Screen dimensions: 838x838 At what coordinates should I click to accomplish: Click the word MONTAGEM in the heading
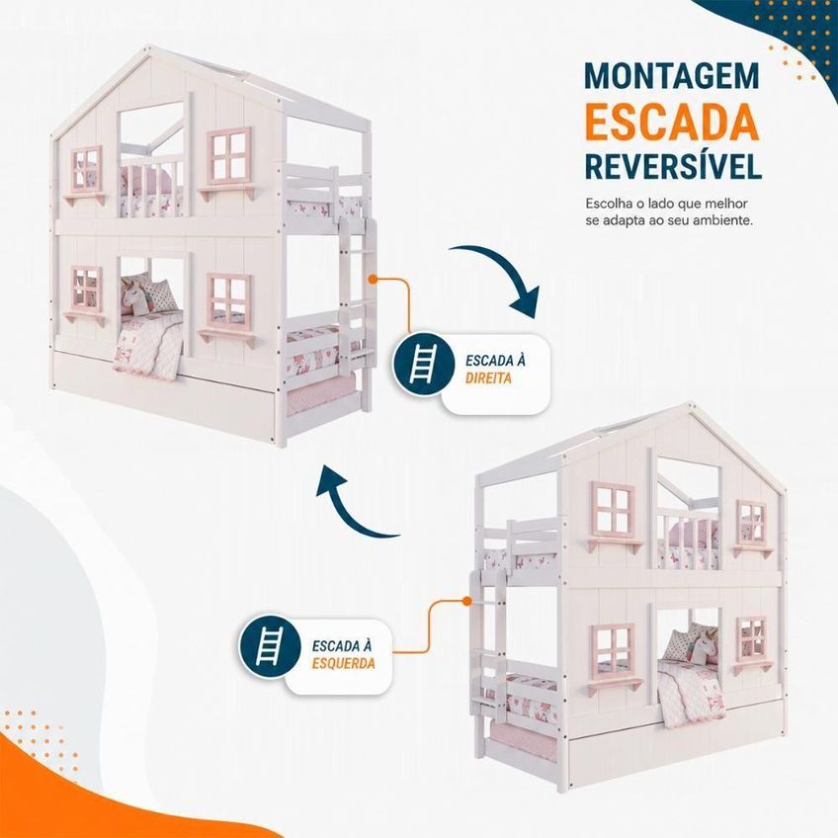click(x=672, y=76)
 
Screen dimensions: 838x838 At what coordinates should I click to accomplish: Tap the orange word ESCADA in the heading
click(x=672, y=122)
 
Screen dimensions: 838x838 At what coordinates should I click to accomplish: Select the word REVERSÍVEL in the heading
click(x=673, y=166)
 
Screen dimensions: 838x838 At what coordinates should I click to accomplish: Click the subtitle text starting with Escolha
click(x=669, y=211)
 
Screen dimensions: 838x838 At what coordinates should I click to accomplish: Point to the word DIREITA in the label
click(x=488, y=378)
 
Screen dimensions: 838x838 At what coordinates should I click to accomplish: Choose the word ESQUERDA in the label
click(x=344, y=664)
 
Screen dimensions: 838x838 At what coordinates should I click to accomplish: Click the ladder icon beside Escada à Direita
click(x=423, y=364)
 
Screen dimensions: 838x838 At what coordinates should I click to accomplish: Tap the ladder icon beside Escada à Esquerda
click(x=270, y=646)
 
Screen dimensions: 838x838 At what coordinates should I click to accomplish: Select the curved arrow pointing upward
click(x=353, y=508)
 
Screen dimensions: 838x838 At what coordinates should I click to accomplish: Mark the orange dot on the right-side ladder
click(x=373, y=279)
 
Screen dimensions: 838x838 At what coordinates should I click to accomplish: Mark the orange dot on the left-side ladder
click(x=466, y=601)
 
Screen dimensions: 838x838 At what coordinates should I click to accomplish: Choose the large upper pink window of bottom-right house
click(x=613, y=510)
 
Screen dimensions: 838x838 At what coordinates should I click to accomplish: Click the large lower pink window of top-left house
click(x=229, y=302)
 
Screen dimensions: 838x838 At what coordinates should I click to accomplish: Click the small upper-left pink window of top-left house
click(x=87, y=168)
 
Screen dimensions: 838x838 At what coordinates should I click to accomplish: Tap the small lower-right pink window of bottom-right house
click(x=752, y=638)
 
